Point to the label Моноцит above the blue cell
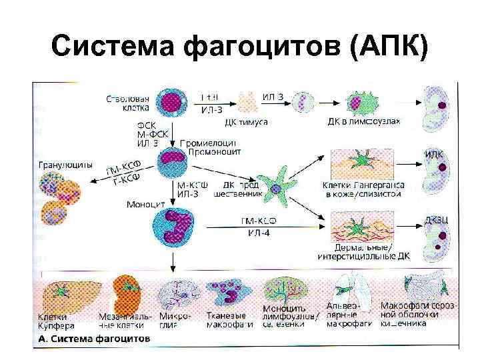[x=146, y=204]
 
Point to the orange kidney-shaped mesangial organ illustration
[x=126, y=290]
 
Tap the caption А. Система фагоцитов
[x=93, y=339]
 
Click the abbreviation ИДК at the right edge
[x=433, y=155]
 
